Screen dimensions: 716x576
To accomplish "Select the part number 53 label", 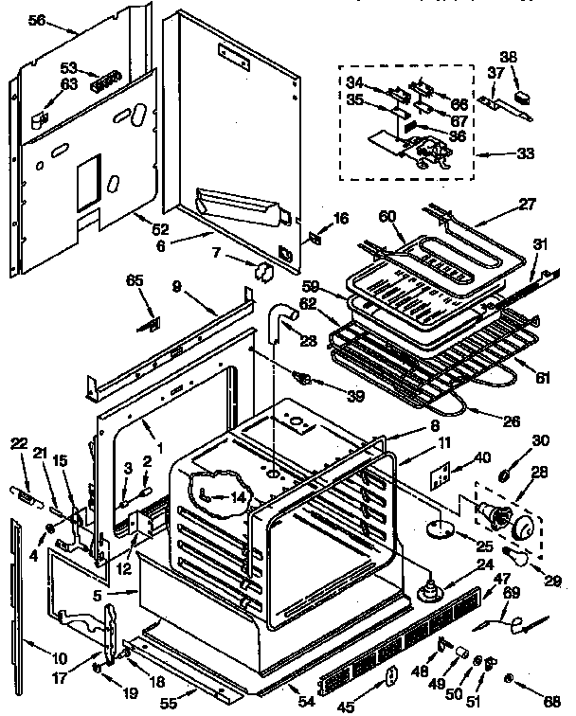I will point(68,68).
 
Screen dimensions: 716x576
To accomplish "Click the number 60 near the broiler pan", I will point(387,216).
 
